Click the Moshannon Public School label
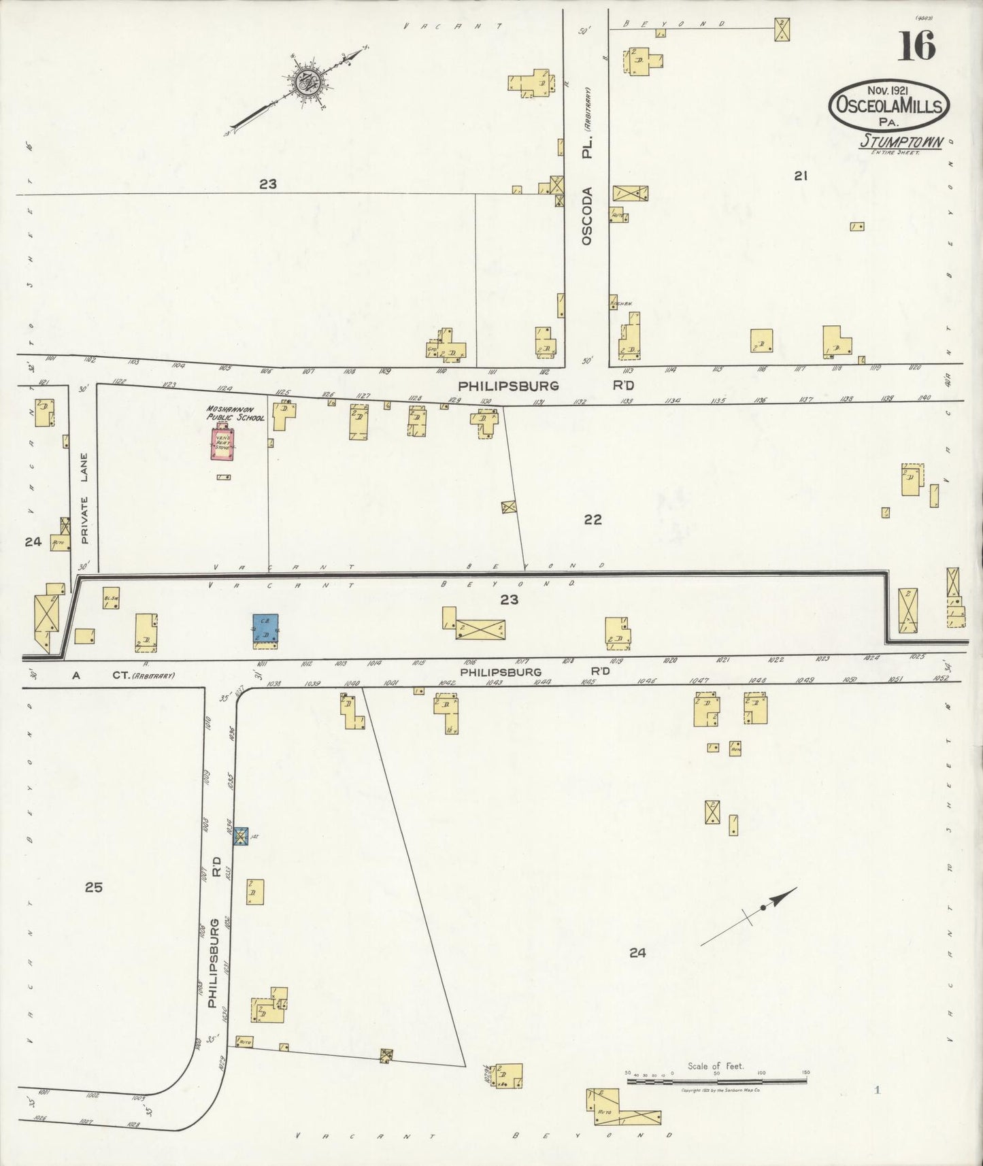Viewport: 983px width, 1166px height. (235, 414)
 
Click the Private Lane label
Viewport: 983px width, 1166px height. (85, 499)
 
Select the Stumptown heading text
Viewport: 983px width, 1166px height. (901, 142)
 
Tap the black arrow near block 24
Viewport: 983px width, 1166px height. (748, 916)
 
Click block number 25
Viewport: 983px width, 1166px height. (94, 887)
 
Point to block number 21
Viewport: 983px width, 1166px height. (801, 176)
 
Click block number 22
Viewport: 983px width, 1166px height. (593, 520)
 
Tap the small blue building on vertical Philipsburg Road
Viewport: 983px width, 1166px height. (241, 836)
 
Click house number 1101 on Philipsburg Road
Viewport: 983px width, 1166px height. (50, 358)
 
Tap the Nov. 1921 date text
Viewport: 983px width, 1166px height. (888, 90)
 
